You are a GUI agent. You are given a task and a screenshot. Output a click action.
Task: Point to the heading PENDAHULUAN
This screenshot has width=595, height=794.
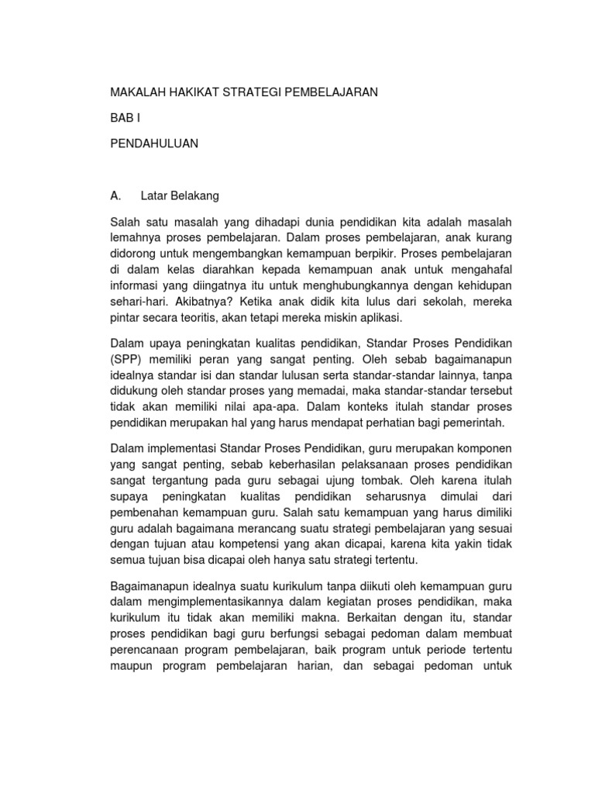(154, 143)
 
